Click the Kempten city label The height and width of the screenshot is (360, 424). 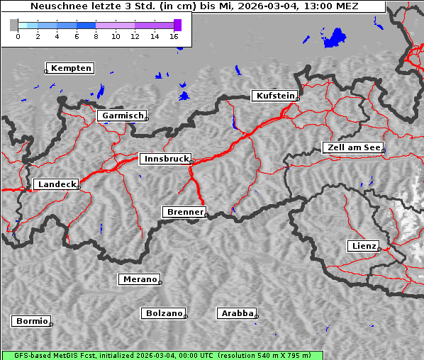pyautogui.click(x=71, y=68)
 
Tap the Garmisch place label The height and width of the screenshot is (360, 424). pyautogui.click(x=123, y=116)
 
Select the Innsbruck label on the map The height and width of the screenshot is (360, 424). pyautogui.click(x=166, y=159)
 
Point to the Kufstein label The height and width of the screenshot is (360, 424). pyautogui.click(x=275, y=96)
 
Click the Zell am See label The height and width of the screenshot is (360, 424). pyautogui.click(x=353, y=147)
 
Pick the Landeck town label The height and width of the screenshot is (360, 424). pyautogui.click(x=56, y=184)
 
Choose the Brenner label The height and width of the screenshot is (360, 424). pyautogui.click(x=184, y=212)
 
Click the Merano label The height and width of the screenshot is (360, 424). pyautogui.click(x=139, y=279)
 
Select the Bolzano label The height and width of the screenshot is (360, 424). pyautogui.click(x=164, y=313)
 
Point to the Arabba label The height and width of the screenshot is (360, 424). pyautogui.click(x=237, y=313)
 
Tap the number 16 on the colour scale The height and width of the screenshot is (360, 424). pyautogui.click(x=174, y=36)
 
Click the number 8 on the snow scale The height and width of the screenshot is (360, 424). pyautogui.click(x=96, y=36)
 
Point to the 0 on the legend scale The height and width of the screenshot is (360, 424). pyautogui.click(x=18, y=36)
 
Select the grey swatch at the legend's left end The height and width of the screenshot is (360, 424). pyautogui.click(x=14, y=25)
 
